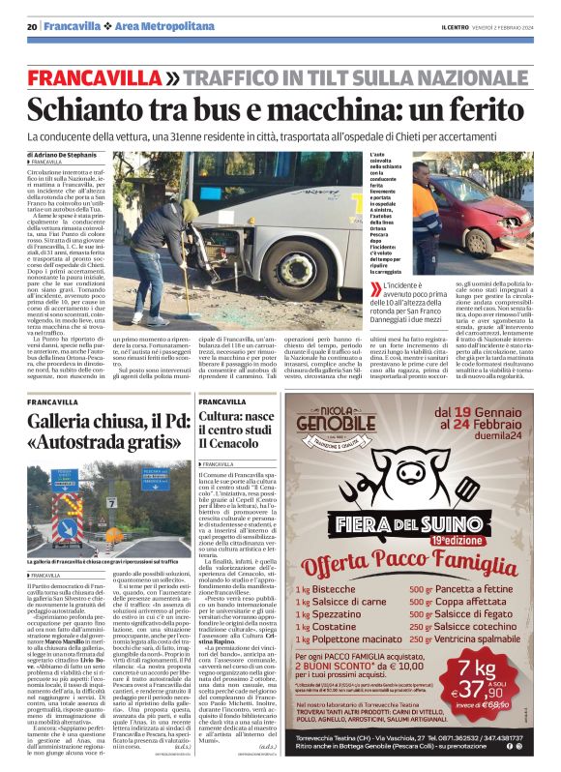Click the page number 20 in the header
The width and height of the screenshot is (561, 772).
point(33,26)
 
